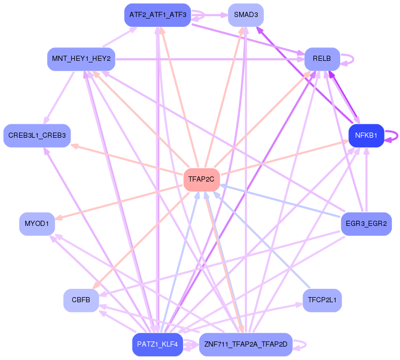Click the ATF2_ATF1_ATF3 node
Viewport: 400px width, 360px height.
pos(158,15)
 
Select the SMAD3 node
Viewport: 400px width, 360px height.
pos(246,15)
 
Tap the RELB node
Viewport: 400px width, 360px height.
pos(322,59)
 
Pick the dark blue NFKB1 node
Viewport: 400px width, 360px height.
pos(366,136)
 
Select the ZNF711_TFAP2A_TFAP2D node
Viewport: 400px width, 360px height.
pos(245,344)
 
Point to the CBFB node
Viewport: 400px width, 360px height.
pos(81,300)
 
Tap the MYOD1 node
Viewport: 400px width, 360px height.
pos(37,224)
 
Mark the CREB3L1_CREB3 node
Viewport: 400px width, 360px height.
pos(37,136)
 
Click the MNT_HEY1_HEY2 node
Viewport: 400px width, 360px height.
pos(81,59)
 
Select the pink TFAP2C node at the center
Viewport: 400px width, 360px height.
pos(202,179)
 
